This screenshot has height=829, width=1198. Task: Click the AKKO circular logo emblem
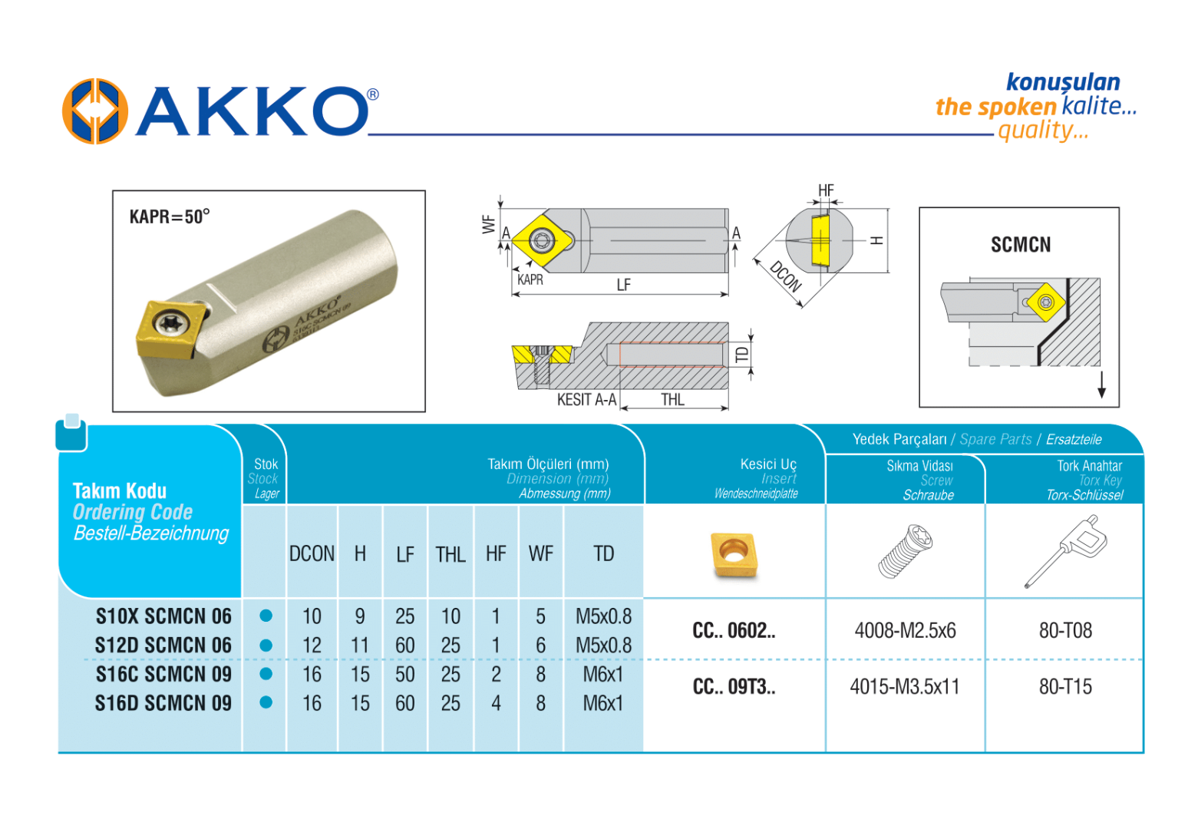pyautogui.click(x=95, y=111)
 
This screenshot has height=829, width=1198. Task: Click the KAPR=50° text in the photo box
pyautogui.click(x=169, y=216)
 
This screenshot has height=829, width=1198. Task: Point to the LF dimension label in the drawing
pyautogui.click(x=623, y=285)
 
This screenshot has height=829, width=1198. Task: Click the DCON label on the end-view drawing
pyautogui.click(x=786, y=276)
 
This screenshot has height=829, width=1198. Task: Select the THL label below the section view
pyautogui.click(x=672, y=399)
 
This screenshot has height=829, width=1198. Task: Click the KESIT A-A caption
pyautogui.click(x=586, y=399)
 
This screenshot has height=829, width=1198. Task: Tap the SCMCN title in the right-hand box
pyautogui.click(x=1021, y=244)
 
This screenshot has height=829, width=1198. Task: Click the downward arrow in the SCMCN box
pyautogui.click(x=1102, y=385)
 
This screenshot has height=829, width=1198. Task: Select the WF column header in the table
pyautogui.click(x=541, y=553)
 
